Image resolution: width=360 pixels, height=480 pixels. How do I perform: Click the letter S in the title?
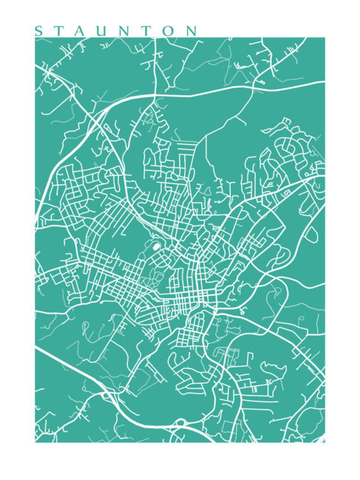(38, 31)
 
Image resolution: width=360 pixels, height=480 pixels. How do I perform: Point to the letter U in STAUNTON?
(102, 31)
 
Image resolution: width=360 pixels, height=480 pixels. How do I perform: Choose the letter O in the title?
(170, 31)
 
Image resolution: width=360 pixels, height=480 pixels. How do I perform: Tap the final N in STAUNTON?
(192, 31)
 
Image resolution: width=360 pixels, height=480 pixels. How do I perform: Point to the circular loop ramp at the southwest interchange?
(105, 396)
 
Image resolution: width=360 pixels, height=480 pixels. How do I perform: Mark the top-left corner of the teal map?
(35, 38)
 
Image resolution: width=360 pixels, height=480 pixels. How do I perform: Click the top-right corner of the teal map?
(325, 38)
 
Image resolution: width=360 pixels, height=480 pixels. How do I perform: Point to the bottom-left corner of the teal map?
(35, 442)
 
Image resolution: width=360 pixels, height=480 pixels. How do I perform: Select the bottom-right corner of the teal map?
(325, 442)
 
